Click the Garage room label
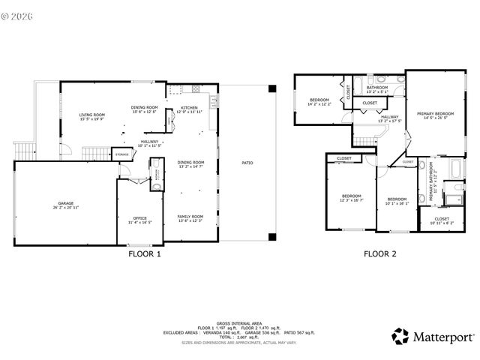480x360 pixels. click(66, 204)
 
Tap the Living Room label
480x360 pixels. click(92, 115)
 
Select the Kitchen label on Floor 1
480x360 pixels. click(189, 108)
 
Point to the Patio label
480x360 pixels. click(247, 162)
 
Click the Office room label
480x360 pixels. click(139, 218)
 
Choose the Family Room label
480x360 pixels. click(190, 217)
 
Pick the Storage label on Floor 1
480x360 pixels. click(122, 154)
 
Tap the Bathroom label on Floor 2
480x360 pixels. click(377, 88)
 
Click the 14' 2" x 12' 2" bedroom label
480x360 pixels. click(319, 100)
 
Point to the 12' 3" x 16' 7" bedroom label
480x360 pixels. click(351, 196)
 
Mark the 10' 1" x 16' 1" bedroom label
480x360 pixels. click(396, 199)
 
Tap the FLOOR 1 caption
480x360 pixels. click(145, 253)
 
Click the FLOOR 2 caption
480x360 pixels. click(379, 253)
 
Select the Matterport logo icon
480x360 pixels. click(400, 335)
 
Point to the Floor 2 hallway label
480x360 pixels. click(390, 117)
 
